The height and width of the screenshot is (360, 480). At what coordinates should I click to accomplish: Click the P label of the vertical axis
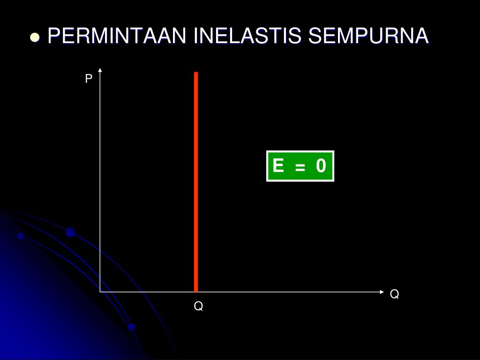point(88,79)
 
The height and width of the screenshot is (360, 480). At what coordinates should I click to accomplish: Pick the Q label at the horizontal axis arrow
point(394,294)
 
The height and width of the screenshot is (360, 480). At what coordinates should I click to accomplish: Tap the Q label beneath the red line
point(199,307)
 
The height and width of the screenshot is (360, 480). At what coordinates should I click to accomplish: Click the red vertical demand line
point(196,183)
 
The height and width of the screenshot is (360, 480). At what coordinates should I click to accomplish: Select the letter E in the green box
point(278,166)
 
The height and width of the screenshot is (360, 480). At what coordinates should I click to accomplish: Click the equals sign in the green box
point(300,167)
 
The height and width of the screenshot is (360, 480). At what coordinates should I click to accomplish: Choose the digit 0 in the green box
point(321,166)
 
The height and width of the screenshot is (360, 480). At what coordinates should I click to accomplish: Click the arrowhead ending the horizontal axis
point(381,292)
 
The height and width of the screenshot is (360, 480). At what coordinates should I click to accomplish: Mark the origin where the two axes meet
point(100,292)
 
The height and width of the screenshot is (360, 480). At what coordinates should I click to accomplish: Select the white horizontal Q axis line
point(281,292)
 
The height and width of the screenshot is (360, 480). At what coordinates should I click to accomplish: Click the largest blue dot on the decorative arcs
point(71,232)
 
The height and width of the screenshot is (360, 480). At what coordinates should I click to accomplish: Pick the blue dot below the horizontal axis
point(132,327)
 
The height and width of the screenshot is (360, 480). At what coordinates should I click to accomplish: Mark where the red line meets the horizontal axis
point(196,291)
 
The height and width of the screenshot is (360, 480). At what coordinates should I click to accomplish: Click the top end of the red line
point(196,73)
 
